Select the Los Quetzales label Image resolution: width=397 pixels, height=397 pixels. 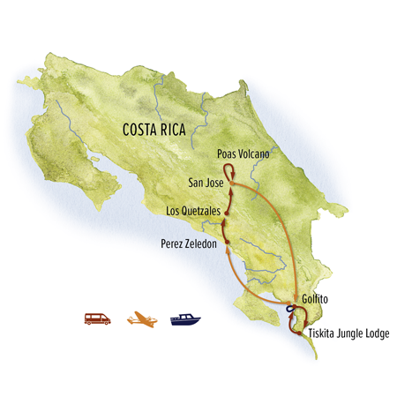click(x=192, y=212)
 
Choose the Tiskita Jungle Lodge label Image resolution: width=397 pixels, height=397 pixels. click(x=348, y=333)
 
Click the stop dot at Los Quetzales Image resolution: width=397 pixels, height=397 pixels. click(x=226, y=213)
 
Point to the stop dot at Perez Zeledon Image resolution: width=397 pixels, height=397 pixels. click(x=227, y=241)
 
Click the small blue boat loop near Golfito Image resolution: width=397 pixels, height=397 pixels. click(x=288, y=308)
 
